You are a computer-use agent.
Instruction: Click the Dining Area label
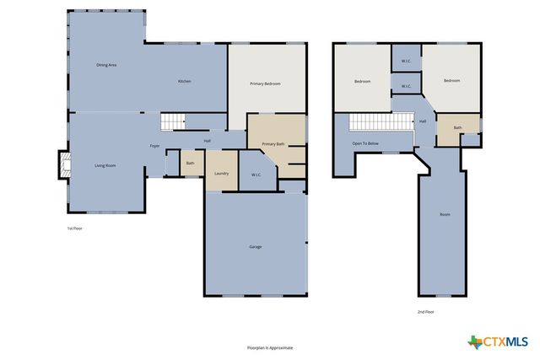(x=106, y=65)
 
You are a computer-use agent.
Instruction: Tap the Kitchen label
(x=184, y=81)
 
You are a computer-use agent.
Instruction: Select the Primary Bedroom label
(x=265, y=83)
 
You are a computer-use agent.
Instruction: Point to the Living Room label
(x=105, y=165)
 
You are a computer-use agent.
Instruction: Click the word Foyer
(x=155, y=146)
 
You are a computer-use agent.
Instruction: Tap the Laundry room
(x=222, y=173)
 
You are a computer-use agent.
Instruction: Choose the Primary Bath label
(x=274, y=144)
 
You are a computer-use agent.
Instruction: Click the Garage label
(x=255, y=246)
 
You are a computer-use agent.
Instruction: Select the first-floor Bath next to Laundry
(x=191, y=163)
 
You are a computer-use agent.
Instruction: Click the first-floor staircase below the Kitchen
(x=173, y=122)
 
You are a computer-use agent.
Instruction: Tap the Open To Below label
(x=365, y=143)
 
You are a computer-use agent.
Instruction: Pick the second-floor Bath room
(x=457, y=128)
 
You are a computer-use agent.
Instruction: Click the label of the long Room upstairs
(x=445, y=214)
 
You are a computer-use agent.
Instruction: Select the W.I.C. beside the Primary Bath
(x=256, y=175)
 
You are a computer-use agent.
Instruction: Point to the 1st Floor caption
(x=75, y=228)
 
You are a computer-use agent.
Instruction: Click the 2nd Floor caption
(x=425, y=312)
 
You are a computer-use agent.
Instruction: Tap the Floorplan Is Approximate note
(x=270, y=347)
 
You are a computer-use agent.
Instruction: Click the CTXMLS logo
(x=498, y=341)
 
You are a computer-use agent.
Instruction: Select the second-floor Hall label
(x=423, y=121)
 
